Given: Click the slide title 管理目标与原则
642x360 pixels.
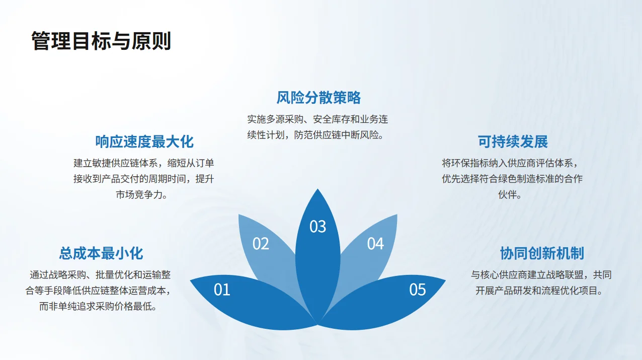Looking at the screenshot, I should [x=101, y=41].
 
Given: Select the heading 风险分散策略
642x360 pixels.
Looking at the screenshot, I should [x=318, y=97].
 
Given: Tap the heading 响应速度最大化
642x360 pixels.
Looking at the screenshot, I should [x=144, y=141].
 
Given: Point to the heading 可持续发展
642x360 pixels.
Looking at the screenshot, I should [x=513, y=141].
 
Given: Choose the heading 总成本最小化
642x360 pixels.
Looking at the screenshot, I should [x=101, y=253].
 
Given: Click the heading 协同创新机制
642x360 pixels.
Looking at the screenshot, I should [x=541, y=253].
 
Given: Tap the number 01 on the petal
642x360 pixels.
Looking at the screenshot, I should [x=222, y=290].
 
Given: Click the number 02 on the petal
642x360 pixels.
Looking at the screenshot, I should [x=261, y=244].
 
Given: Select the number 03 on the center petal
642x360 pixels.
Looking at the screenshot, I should [x=317, y=227].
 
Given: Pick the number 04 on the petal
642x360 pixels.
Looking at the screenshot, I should [x=375, y=244].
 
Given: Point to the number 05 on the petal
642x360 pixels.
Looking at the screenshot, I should [x=417, y=290].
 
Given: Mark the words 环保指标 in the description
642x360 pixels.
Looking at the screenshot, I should [x=473, y=163].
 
